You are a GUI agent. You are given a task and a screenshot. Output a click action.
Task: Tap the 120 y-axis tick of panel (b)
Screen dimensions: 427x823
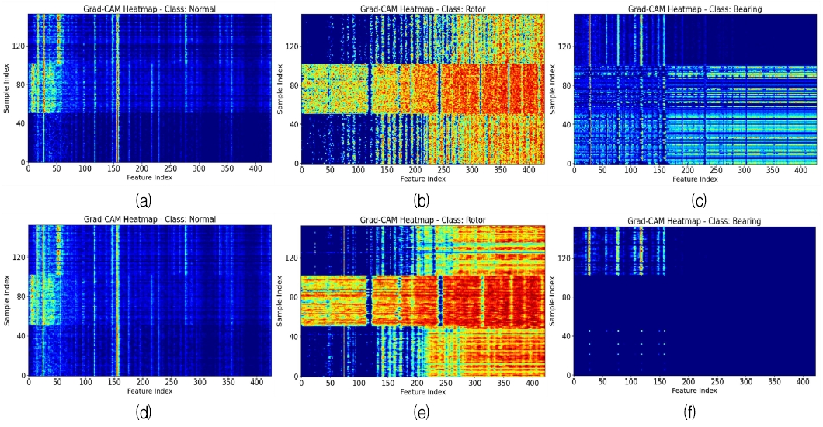290,47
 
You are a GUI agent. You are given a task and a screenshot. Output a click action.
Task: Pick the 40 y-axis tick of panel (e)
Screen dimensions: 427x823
293,336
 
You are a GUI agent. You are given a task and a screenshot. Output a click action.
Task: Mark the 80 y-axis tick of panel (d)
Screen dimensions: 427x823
20,297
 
